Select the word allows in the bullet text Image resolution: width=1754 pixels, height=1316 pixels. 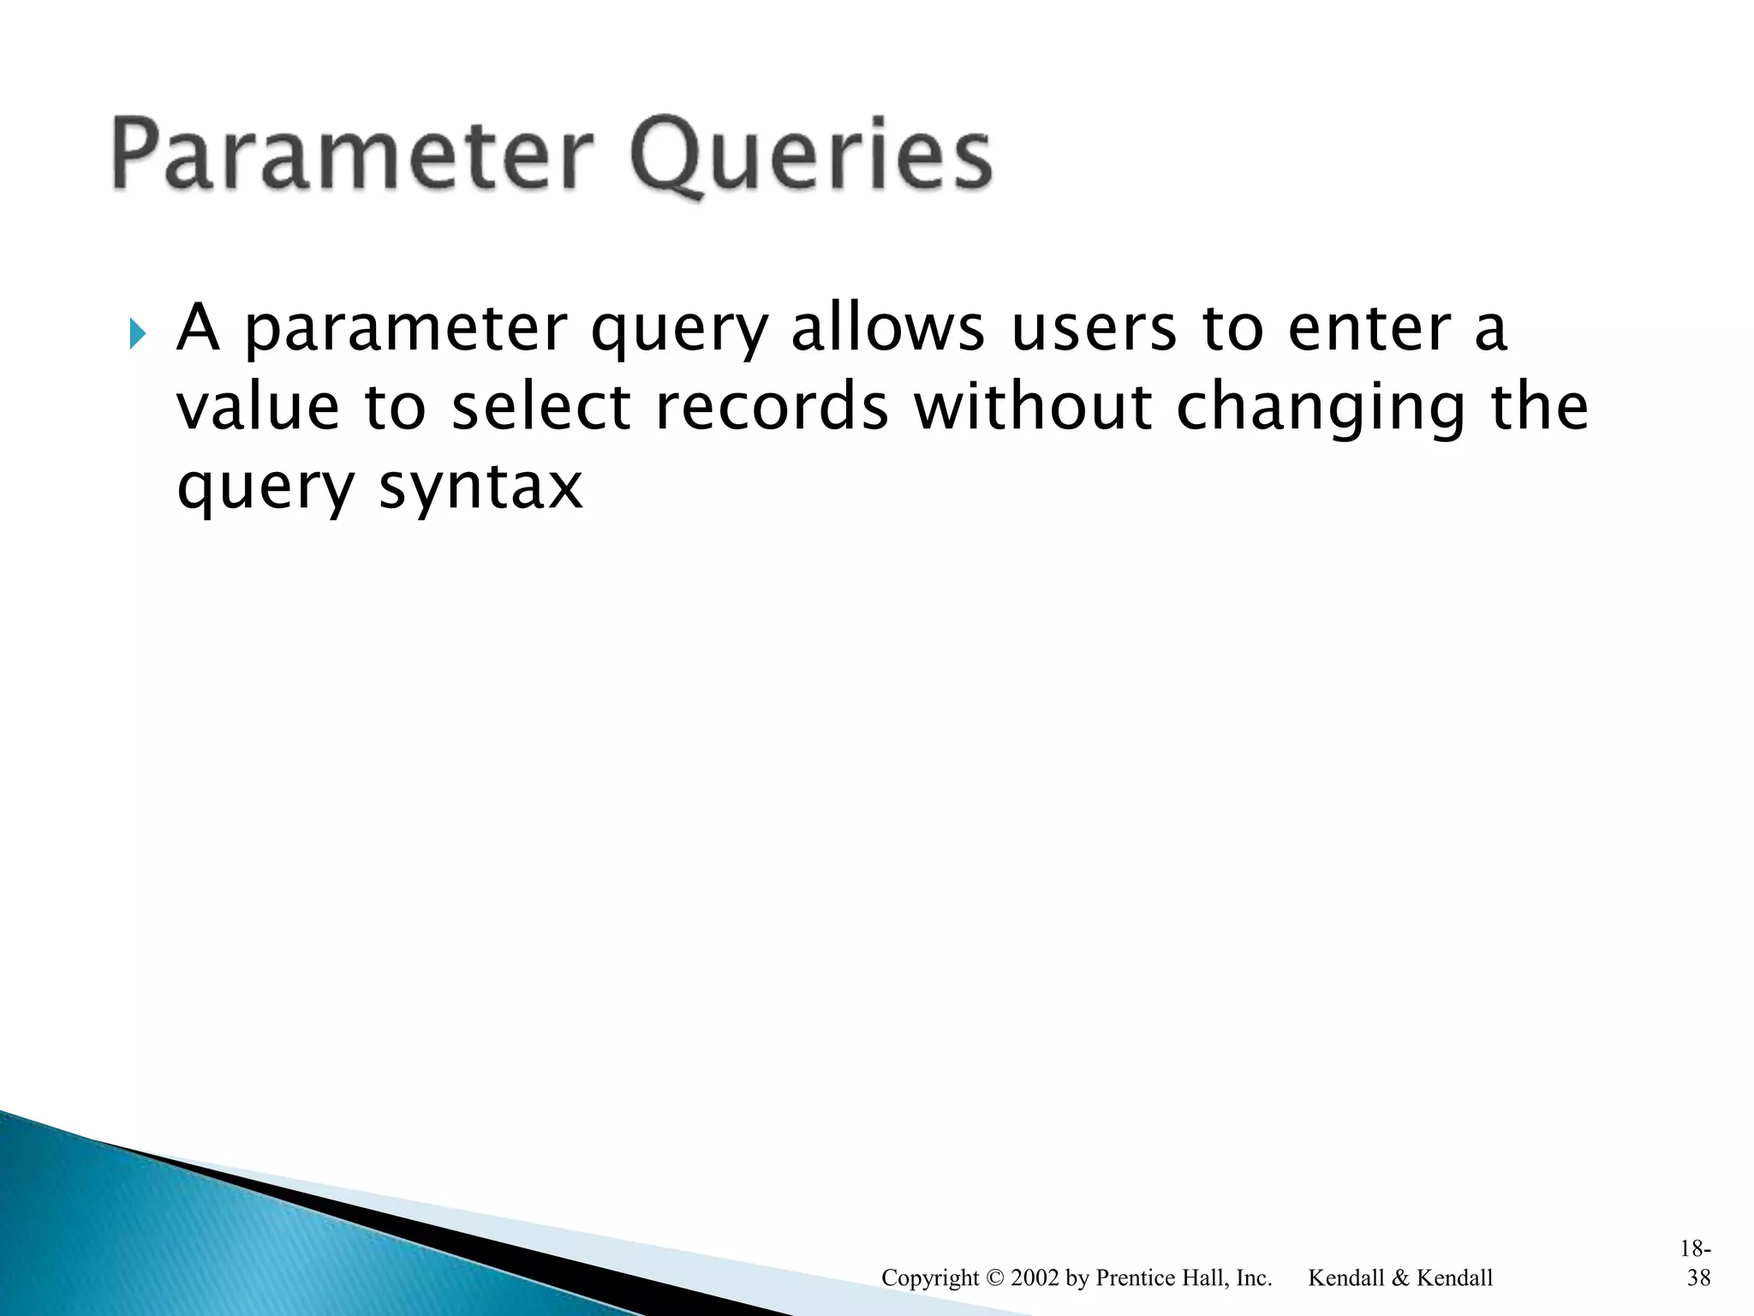click(887, 329)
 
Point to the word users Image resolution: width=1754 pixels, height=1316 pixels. click(1094, 329)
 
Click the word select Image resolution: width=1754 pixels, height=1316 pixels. click(540, 408)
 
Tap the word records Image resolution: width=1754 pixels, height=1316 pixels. click(772, 408)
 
